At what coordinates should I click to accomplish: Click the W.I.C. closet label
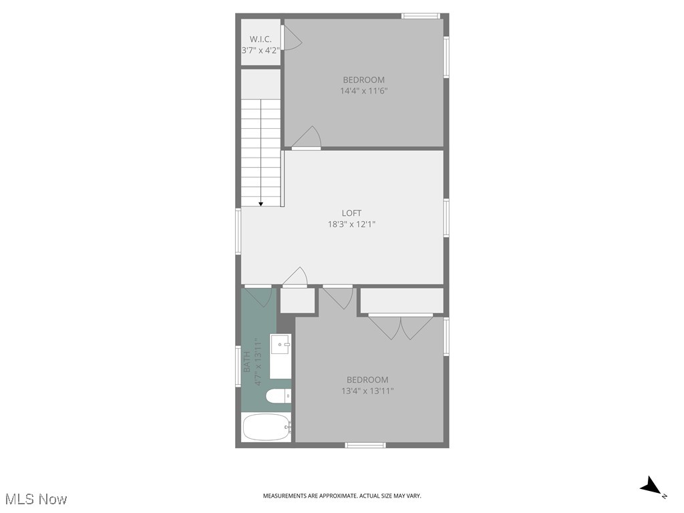click(261, 39)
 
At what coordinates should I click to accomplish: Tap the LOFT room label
click(351, 213)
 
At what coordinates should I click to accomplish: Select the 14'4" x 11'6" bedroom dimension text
click(363, 91)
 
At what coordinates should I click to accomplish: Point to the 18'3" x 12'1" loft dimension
click(351, 224)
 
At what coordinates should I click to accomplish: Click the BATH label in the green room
click(246, 362)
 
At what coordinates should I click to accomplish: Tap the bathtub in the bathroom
click(267, 427)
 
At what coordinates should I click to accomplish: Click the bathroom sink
click(281, 346)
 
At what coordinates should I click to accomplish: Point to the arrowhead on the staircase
click(261, 204)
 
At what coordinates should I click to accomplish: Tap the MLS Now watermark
click(36, 499)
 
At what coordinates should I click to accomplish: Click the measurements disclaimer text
click(341, 496)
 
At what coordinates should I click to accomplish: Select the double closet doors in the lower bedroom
click(401, 327)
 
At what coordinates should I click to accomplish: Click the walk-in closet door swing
click(292, 39)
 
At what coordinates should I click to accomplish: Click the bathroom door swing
click(259, 297)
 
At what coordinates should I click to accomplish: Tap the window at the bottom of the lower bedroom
click(365, 445)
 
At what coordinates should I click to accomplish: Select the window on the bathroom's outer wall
click(238, 365)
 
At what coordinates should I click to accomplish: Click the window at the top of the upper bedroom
click(421, 15)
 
